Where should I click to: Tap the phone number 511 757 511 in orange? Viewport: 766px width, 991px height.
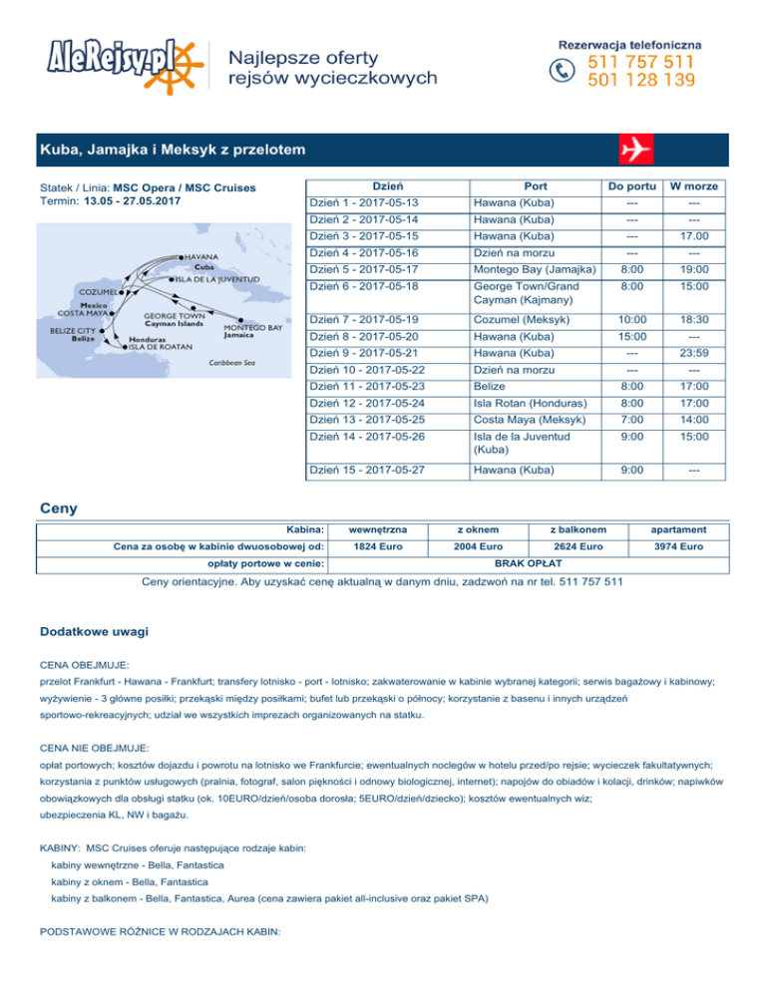coord(641,62)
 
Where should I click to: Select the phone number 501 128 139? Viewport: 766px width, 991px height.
coord(641,80)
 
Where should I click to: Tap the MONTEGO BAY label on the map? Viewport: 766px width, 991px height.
coord(252,328)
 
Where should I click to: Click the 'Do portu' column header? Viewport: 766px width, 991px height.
coord(629,186)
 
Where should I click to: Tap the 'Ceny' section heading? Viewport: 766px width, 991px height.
coord(61,507)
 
